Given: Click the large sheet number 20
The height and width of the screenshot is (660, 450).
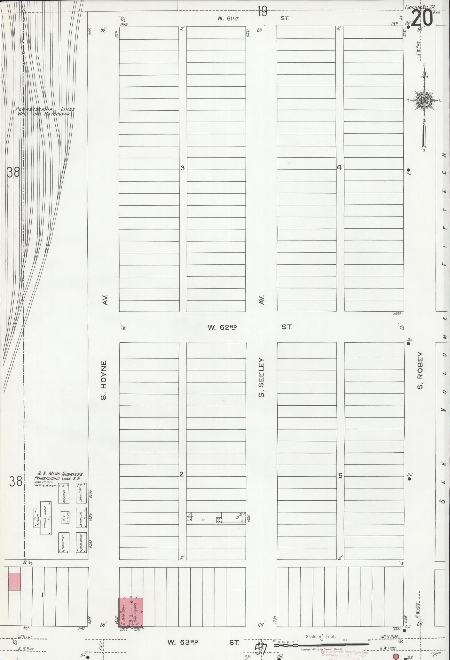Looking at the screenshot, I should tap(422, 19).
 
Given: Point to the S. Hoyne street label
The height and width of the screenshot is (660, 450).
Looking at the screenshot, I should tap(103, 380).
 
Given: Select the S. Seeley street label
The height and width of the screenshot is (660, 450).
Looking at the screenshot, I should tap(262, 377).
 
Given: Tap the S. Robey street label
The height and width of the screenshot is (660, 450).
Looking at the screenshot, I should tap(420, 371).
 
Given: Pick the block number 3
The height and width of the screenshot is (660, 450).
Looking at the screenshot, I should tap(183, 168).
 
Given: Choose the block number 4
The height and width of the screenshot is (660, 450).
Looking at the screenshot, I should tap(339, 167).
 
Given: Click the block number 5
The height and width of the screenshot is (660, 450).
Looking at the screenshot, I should tap(340, 476).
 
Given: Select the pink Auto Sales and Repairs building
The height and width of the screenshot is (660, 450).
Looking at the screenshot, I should tap(131, 612).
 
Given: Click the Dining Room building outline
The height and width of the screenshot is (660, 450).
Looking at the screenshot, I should tap(46, 518).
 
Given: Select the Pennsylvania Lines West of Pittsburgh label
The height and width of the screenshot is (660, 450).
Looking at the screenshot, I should tap(45, 111).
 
